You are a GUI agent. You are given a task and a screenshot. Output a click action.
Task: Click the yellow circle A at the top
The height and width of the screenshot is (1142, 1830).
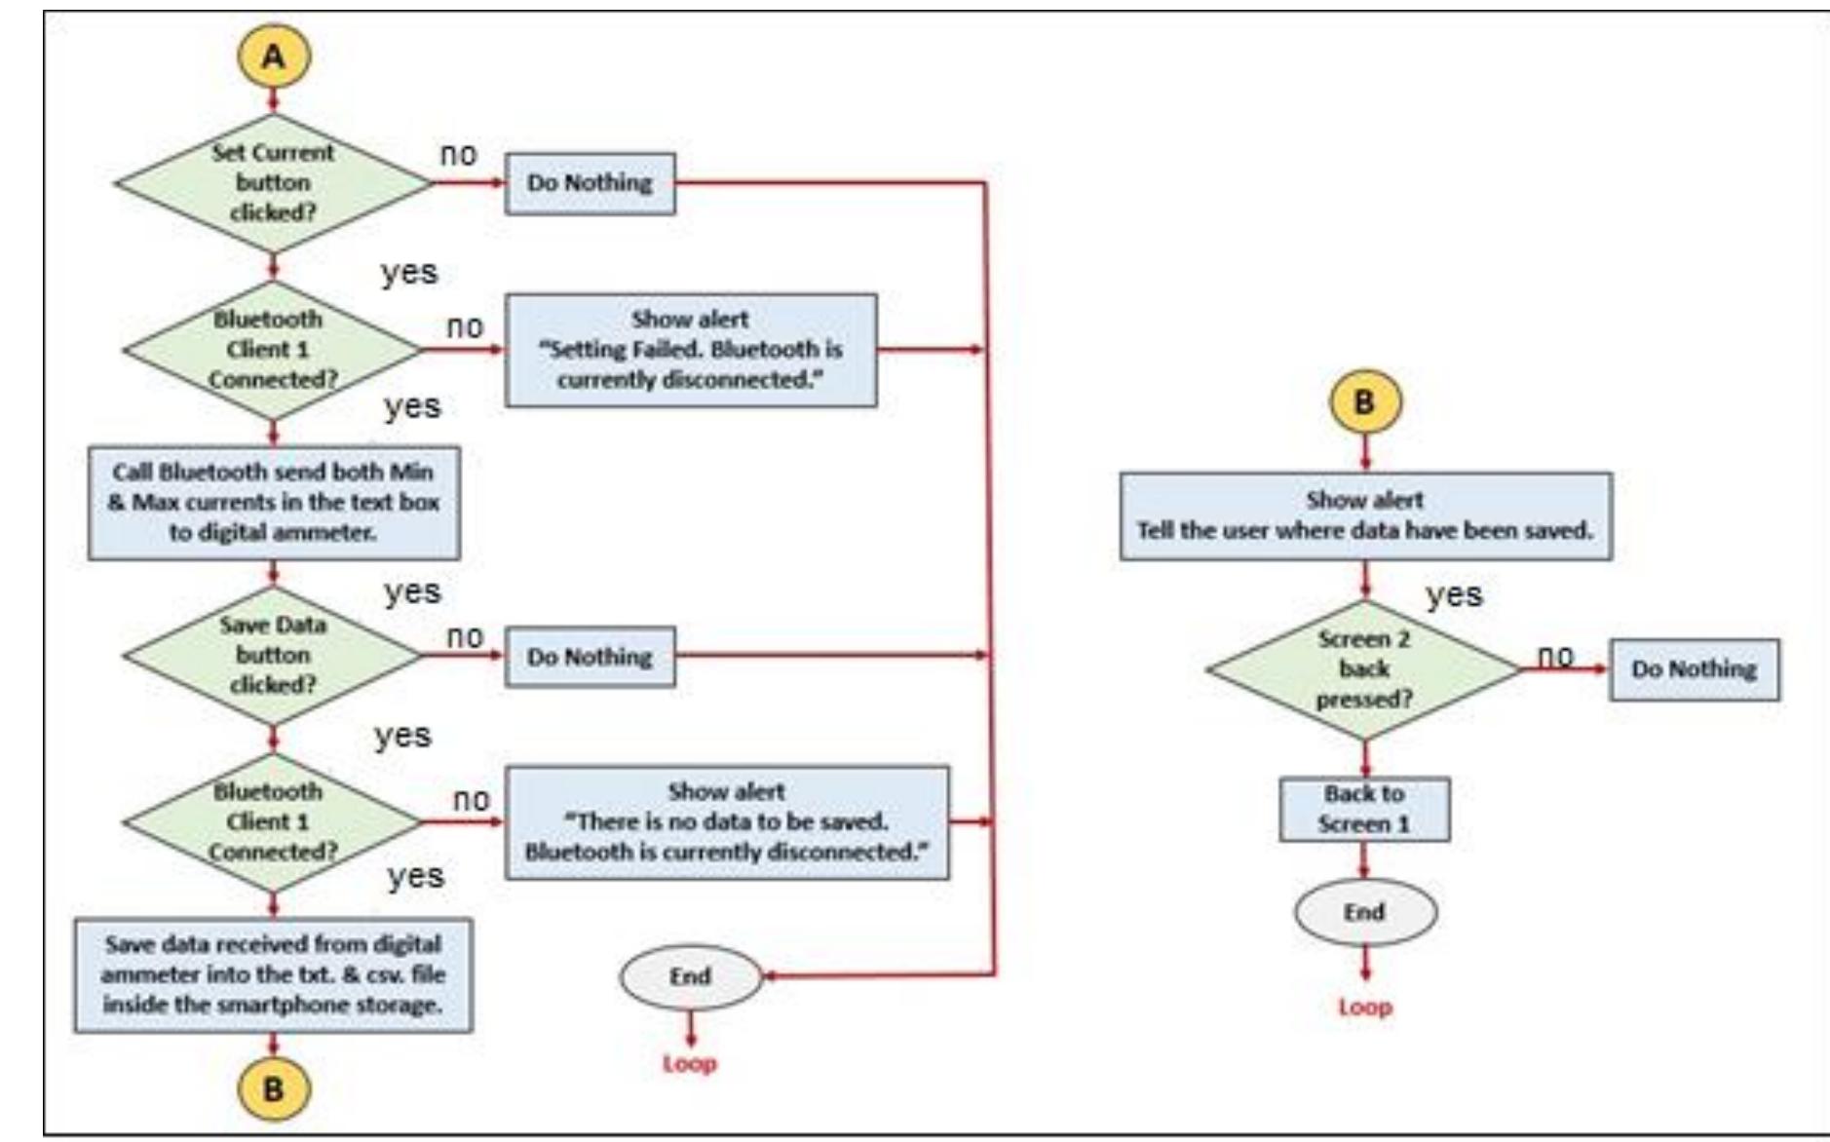click(274, 57)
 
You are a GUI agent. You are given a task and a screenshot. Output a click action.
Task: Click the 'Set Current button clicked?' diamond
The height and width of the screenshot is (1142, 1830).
click(273, 182)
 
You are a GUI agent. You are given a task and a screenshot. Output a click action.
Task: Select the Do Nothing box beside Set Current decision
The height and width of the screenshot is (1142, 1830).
click(590, 183)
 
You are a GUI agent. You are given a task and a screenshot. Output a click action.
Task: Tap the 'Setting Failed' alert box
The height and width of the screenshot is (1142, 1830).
click(690, 350)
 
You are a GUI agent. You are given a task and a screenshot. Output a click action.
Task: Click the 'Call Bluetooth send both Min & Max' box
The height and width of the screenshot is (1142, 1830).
click(274, 503)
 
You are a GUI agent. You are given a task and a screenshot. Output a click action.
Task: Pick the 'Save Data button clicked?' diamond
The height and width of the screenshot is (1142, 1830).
click(273, 655)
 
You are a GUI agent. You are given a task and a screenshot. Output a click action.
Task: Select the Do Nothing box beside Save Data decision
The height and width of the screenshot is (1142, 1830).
click(590, 657)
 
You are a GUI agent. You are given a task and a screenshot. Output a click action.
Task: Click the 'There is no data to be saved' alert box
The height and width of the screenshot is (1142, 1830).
click(726, 822)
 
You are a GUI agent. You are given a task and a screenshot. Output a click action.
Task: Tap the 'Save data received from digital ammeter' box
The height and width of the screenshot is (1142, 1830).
click(273, 974)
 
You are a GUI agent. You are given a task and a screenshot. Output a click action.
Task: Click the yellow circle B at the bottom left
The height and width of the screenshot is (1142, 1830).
click(274, 1088)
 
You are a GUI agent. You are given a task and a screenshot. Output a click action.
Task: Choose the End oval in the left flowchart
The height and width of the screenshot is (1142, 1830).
click(690, 977)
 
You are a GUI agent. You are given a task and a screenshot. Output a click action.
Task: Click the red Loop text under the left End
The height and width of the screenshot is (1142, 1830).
click(690, 1064)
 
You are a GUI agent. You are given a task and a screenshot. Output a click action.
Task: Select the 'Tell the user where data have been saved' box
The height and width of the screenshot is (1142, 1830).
click(1365, 516)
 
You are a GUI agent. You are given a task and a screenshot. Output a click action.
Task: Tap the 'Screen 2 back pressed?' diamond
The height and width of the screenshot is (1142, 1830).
click(1364, 669)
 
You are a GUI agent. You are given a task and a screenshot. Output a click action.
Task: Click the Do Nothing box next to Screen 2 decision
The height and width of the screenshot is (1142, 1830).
click(1694, 669)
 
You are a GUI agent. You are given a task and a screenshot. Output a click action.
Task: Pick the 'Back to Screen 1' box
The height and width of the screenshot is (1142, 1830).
click(1364, 809)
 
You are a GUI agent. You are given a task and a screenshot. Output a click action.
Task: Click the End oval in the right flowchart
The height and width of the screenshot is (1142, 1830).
click(1364, 913)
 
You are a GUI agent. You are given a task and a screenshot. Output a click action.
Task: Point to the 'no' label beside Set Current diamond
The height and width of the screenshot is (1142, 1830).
click(459, 154)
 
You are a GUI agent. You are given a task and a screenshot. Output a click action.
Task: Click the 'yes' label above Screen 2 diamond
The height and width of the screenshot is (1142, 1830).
click(1454, 594)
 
